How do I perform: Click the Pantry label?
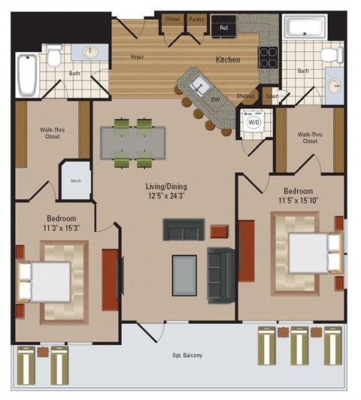click(x=197, y=20)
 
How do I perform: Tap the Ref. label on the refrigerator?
click(x=223, y=28)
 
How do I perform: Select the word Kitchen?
click(x=228, y=59)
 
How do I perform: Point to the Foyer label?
click(x=138, y=56)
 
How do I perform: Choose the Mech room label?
click(x=76, y=180)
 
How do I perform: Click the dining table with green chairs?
click(x=133, y=142)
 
